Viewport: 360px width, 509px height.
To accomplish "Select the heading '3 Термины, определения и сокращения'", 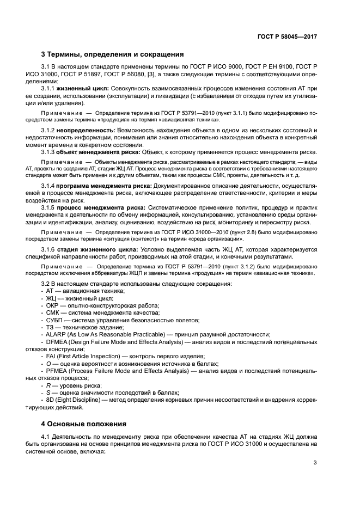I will (x=112, y=54).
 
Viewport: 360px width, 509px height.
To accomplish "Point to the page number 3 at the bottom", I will (x=315, y=463).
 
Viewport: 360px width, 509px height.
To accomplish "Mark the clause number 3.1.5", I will (x=50, y=208).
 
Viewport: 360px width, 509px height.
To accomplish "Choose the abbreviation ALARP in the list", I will (x=56, y=335).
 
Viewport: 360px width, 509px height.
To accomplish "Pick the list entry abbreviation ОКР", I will (x=53, y=306).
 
